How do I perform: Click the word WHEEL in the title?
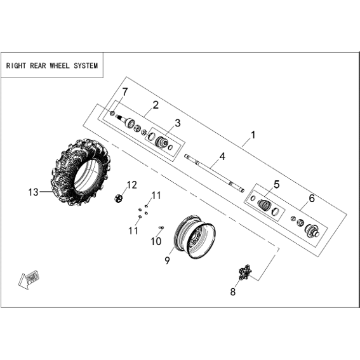click(x=60, y=66)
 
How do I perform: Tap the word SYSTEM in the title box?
click(x=86, y=66)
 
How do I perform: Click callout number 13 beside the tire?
click(x=33, y=192)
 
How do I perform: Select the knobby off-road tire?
click(x=81, y=172)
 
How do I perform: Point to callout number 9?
click(x=168, y=260)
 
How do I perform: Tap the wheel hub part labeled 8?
click(x=245, y=272)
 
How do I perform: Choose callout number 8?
click(x=233, y=292)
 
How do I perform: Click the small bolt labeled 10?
click(x=161, y=227)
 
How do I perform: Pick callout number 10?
click(x=156, y=241)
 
